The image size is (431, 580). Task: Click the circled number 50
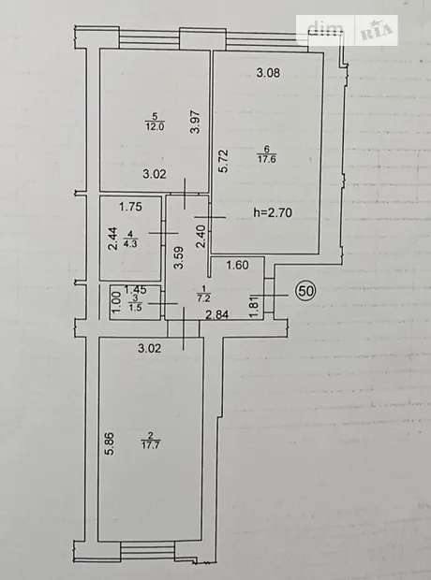[305, 291]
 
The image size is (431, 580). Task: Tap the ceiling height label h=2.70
[273, 212]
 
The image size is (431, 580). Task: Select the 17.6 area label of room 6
[267, 159]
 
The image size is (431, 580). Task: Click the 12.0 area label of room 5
[156, 126]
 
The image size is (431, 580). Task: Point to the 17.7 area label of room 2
[151, 445]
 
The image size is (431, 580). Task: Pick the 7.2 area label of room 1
[202, 298]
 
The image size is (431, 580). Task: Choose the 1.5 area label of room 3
[136, 307]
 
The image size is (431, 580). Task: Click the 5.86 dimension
[111, 443]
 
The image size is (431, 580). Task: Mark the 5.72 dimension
[224, 161]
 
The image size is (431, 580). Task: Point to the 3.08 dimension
[268, 73]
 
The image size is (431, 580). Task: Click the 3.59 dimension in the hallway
[179, 258]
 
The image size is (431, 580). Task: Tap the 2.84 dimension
[217, 314]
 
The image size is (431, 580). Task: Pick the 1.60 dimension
[238, 265]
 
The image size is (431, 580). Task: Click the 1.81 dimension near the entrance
[254, 308]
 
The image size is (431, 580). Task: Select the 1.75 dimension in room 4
[130, 207]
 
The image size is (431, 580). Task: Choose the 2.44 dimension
[113, 239]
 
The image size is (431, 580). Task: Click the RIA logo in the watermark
[376, 30]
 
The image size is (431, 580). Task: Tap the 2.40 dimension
[201, 237]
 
